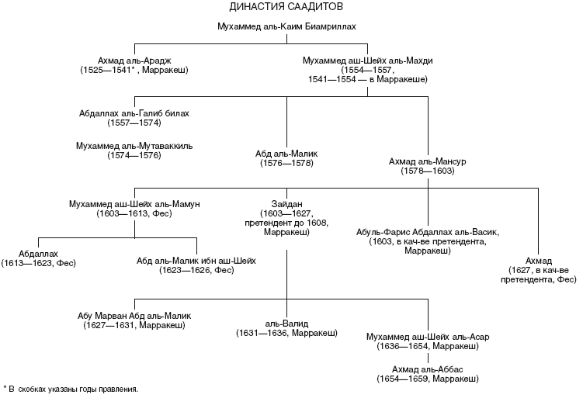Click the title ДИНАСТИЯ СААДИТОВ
point(287,8)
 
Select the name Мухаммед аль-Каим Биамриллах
point(287,26)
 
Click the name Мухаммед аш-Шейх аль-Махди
point(366,60)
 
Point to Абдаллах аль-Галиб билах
point(134,113)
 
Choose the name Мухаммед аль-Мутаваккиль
point(134,145)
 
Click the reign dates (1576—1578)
point(286,164)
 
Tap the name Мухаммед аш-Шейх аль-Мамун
point(134,204)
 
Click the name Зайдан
point(286,204)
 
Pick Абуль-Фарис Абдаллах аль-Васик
point(428,232)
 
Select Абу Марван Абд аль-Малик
point(134,316)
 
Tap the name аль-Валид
point(286,323)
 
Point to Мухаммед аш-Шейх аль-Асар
point(428,337)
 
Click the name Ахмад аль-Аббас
point(428,369)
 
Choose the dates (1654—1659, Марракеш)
point(428,379)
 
